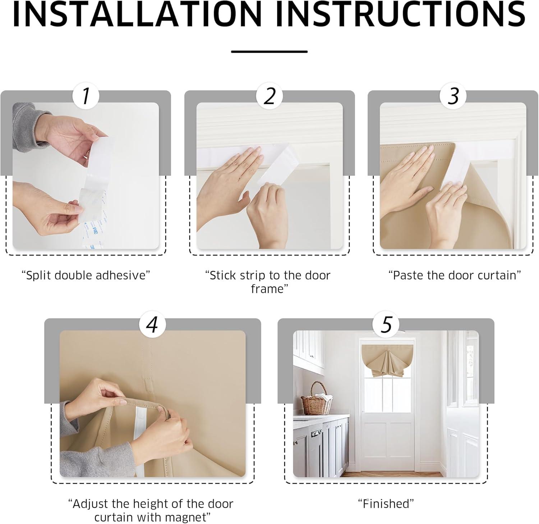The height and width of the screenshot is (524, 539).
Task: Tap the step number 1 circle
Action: click(x=86, y=96)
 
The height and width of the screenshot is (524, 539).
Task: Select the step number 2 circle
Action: click(x=269, y=96)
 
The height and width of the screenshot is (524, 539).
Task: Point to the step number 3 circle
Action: click(x=453, y=96)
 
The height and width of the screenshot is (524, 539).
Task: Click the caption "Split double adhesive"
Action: click(x=86, y=275)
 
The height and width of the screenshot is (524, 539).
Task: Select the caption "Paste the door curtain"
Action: click(x=455, y=275)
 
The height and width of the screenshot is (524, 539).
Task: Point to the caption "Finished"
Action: click(x=386, y=504)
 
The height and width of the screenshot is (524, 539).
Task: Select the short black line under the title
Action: click(x=269, y=52)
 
